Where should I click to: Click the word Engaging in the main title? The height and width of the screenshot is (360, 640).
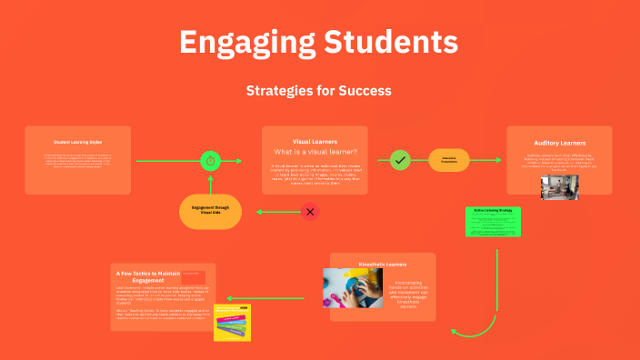(x=238, y=42)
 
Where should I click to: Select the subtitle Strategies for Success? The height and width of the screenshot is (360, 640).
(x=319, y=91)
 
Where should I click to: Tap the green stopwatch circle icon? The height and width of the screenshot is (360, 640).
(x=211, y=161)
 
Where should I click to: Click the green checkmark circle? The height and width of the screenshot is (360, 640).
(x=400, y=161)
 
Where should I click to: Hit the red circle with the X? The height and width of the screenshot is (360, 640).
(x=310, y=212)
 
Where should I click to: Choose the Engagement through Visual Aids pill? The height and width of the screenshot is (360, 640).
(x=211, y=211)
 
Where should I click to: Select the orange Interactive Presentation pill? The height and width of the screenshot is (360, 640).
(x=449, y=160)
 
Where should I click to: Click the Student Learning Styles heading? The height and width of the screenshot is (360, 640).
(x=77, y=142)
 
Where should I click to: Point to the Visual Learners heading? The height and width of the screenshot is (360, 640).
(x=315, y=142)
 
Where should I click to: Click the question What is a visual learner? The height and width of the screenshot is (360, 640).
(x=315, y=152)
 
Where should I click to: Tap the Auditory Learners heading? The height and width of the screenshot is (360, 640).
(x=559, y=143)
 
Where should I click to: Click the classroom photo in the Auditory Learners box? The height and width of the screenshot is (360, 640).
(x=560, y=185)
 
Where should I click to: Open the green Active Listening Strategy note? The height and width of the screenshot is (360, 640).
(x=494, y=222)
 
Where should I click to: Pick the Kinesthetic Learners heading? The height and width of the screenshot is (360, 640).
(x=383, y=265)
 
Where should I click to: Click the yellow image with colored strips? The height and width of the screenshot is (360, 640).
(x=232, y=323)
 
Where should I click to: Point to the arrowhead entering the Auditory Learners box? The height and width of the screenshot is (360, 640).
(x=498, y=161)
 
